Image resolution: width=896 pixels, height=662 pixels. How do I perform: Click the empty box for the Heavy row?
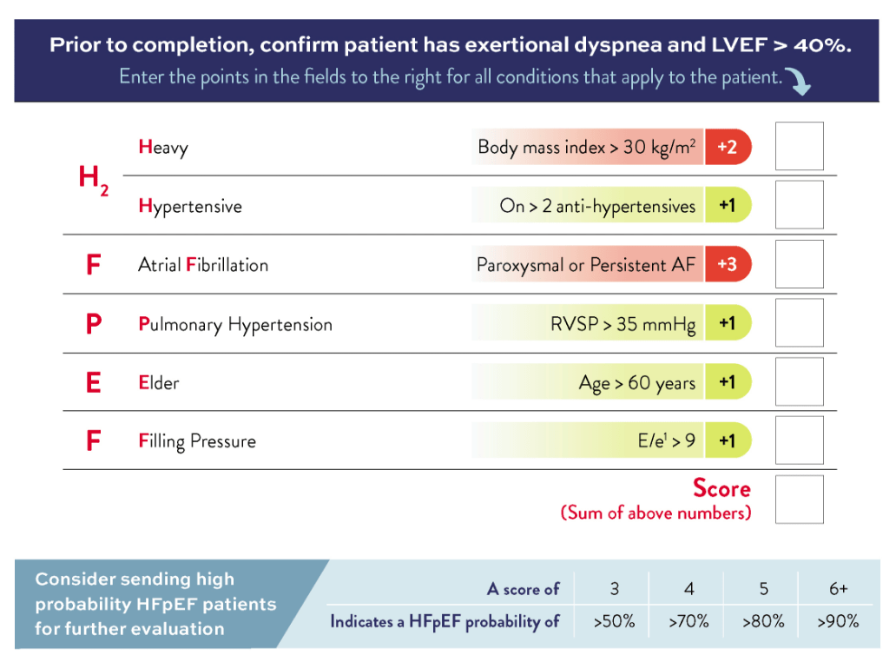(x=799, y=146)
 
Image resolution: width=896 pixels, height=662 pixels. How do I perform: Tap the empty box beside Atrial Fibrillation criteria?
(x=799, y=264)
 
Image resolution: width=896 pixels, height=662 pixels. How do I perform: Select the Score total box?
(x=799, y=500)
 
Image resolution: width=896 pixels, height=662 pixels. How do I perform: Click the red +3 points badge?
(x=727, y=264)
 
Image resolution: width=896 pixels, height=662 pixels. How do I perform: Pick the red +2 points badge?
(x=727, y=147)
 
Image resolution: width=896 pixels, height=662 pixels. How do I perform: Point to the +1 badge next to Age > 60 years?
(x=727, y=382)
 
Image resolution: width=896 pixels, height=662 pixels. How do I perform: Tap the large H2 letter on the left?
(x=93, y=179)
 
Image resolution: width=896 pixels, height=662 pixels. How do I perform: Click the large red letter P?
(x=94, y=324)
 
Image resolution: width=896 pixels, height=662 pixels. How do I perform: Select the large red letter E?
(x=94, y=382)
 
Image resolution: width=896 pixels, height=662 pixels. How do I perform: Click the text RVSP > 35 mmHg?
(x=623, y=325)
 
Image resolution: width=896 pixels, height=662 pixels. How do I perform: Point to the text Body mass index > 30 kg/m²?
(x=587, y=147)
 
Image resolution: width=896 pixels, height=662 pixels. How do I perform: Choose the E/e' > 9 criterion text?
(x=666, y=441)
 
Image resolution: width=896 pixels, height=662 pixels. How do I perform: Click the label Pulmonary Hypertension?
(x=235, y=325)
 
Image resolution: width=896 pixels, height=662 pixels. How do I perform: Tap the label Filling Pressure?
(x=197, y=441)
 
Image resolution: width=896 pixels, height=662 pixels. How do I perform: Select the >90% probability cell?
(x=838, y=621)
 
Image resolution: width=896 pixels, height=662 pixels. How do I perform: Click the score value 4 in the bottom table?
(x=688, y=589)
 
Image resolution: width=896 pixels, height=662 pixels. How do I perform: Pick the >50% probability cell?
(x=614, y=621)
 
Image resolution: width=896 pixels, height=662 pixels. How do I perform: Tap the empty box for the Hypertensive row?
(x=799, y=205)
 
